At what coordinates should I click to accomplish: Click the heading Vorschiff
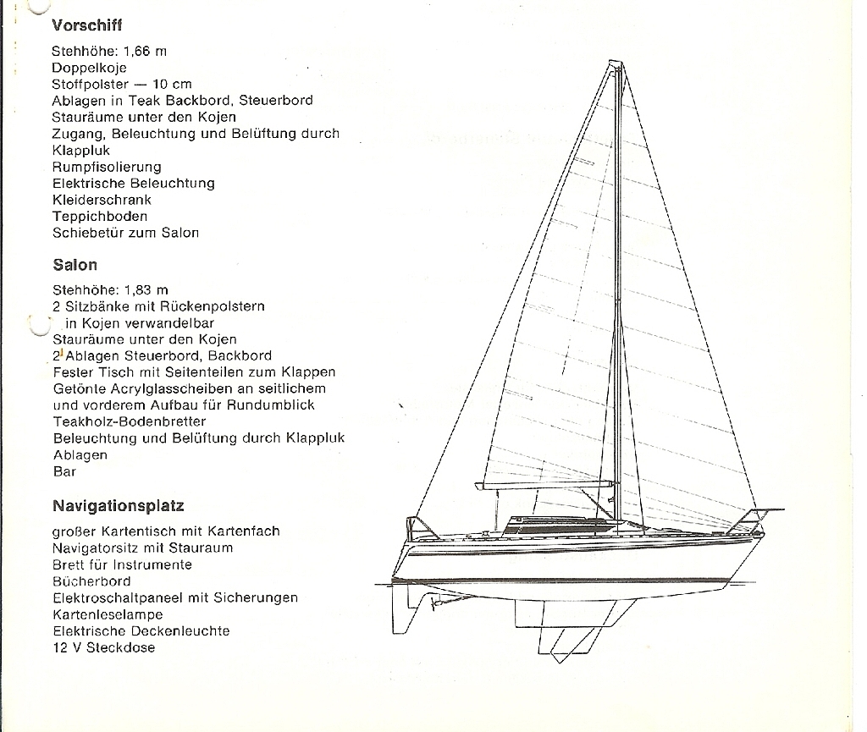tap(87, 25)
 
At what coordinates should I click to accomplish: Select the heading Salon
tap(75, 265)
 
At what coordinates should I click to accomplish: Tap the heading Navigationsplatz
tap(119, 506)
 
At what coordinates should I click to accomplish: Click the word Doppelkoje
tap(89, 68)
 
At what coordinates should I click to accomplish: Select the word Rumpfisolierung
tap(107, 167)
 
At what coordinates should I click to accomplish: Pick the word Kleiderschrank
tap(102, 200)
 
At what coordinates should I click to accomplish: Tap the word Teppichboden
tap(100, 217)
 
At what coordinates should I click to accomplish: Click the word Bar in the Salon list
tap(64, 472)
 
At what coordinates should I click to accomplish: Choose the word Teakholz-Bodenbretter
tap(130, 421)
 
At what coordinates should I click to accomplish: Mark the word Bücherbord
tap(91, 581)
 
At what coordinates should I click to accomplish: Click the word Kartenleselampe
tap(108, 614)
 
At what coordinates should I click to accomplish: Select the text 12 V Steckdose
tap(104, 647)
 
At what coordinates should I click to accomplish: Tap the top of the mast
tap(616, 63)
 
